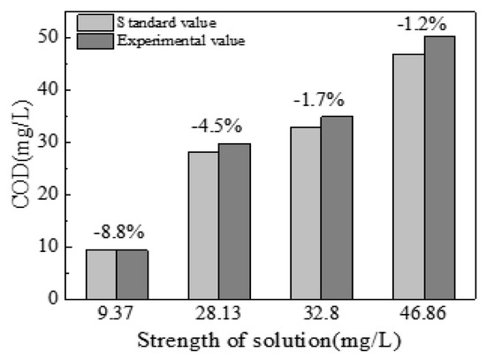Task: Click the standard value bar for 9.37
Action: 102,274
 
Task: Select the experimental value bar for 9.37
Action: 132,274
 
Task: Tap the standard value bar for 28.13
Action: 202,226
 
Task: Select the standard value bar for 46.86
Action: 408,177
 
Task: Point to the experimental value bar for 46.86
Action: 439,168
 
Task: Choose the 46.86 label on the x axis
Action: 423,314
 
